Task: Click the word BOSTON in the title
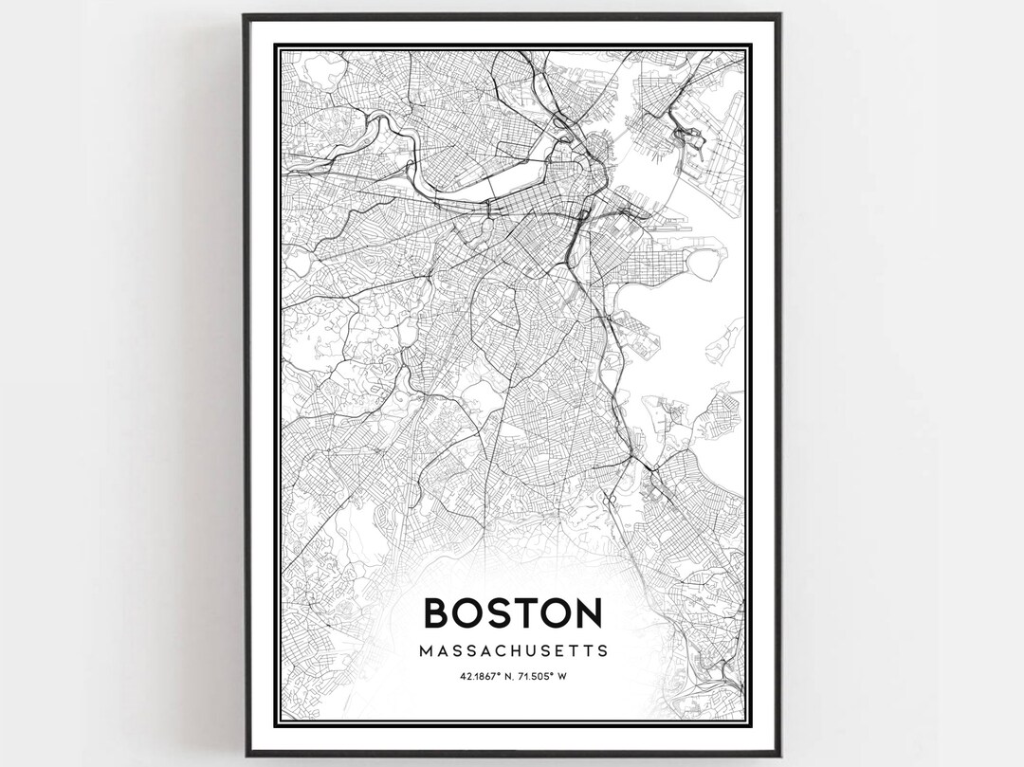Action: (x=512, y=612)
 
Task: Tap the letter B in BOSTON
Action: (x=438, y=612)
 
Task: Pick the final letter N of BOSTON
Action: (x=586, y=612)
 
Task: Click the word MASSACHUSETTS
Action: (x=512, y=652)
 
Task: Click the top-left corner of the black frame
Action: (x=245, y=15)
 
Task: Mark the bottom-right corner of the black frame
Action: (x=779, y=755)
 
